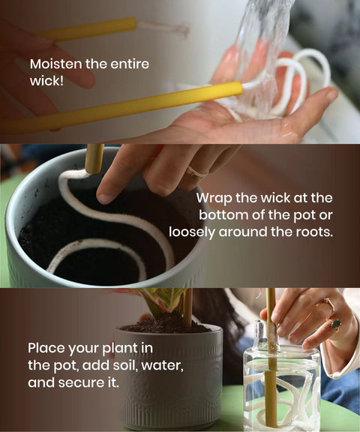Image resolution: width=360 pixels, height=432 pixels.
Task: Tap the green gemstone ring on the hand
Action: click(x=335, y=325)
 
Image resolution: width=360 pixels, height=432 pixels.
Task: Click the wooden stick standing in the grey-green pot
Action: click(x=94, y=158)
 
